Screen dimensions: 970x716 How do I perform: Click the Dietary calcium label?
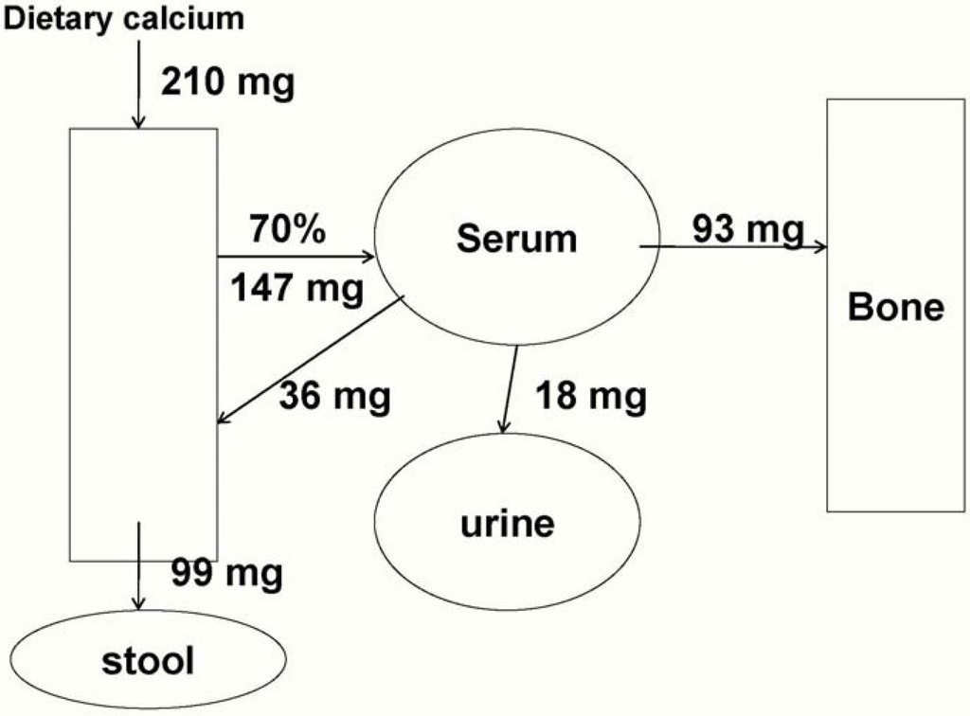click(x=124, y=17)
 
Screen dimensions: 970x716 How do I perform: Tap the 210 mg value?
click(x=227, y=82)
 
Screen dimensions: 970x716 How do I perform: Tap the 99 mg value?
click(x=226, y=572)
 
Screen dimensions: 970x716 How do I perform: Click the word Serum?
click(x=516, y=239)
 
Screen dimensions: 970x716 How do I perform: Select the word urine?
click(x=507, y=523)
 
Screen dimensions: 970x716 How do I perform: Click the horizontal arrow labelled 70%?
click(x=296, y=257)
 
